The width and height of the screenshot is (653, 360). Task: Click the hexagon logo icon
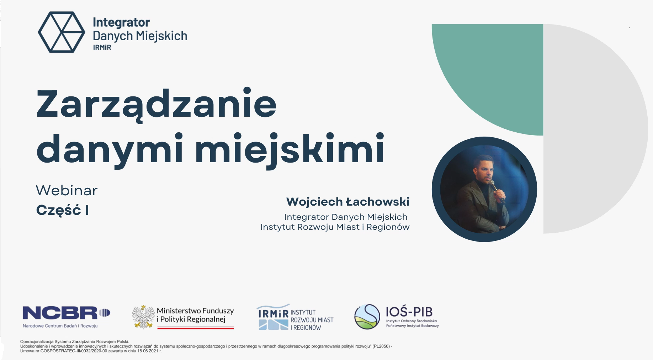pyautogui.click(x=62, y=32)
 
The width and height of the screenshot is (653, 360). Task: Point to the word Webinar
pyautogui.click(x=67, y=191)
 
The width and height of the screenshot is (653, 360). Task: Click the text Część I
pyautogui.click(x=63, y=210)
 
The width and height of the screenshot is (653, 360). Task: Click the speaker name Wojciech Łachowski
pyautogui.click(x=348, y=202)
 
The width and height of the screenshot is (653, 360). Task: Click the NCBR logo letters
pyautogui.click(x=60, y=313)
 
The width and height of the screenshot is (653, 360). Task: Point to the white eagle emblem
pyautogui.click(x=143, y=317)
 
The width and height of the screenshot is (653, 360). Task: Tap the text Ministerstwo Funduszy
pyautogui.click(x=195, y=311)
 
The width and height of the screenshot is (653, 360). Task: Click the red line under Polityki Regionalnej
pyautogui.click(x=196, y=328)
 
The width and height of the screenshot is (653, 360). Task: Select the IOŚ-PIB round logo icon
pyautogui.click(x=367, y=317)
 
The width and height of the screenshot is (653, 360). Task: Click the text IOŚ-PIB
pyautogui.click(x=409, y=312)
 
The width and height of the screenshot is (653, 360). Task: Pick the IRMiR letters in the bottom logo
pyautogui.click(x=273, y=314)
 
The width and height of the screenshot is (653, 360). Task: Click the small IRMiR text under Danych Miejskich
pyautogui.click(x=102, y=47)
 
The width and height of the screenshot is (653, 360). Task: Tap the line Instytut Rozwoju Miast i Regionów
pyautogui.click(x=335, y=227)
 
